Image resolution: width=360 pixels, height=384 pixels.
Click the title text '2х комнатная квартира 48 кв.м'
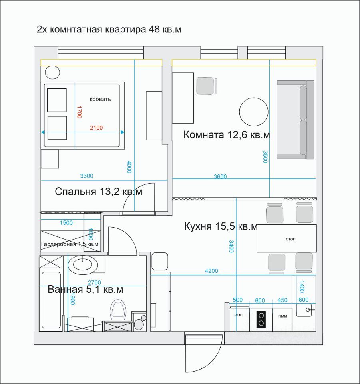(x=109, y=29)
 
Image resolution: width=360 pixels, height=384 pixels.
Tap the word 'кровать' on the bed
(x=100, y=99)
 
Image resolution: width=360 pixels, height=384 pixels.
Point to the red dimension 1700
(x=79, y=112)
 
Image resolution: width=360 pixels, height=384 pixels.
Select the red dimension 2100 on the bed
(x=96, y=128)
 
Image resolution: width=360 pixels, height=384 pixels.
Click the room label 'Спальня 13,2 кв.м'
(x=99, y=192)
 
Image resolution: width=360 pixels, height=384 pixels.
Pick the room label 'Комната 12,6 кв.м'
(x=227, y=135)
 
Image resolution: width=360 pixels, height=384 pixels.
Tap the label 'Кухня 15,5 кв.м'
(x=221, y=226)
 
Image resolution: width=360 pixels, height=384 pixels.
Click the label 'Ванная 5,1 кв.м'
(x=86, y=289)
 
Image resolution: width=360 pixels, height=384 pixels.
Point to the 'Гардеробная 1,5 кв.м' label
(x=70, y=244)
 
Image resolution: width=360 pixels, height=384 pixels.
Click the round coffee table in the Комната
(x=254, y=112)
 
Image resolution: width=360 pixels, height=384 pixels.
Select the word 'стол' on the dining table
(x=290, y=239)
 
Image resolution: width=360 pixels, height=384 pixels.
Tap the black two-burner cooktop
(x=261, y=319)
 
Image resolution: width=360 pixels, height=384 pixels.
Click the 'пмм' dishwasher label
(x=283, y=316)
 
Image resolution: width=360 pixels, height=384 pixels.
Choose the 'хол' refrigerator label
(x=239, y=315)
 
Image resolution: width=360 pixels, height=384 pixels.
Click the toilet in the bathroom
(x=118, y=310)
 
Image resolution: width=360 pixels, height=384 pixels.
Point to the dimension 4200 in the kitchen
(x=211, y=271)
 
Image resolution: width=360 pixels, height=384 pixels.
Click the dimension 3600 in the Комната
(x=220, y=176)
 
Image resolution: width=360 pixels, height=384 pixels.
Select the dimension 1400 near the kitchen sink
(x=302, y=287)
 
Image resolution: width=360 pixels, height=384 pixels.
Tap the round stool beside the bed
(x=52, y=72)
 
